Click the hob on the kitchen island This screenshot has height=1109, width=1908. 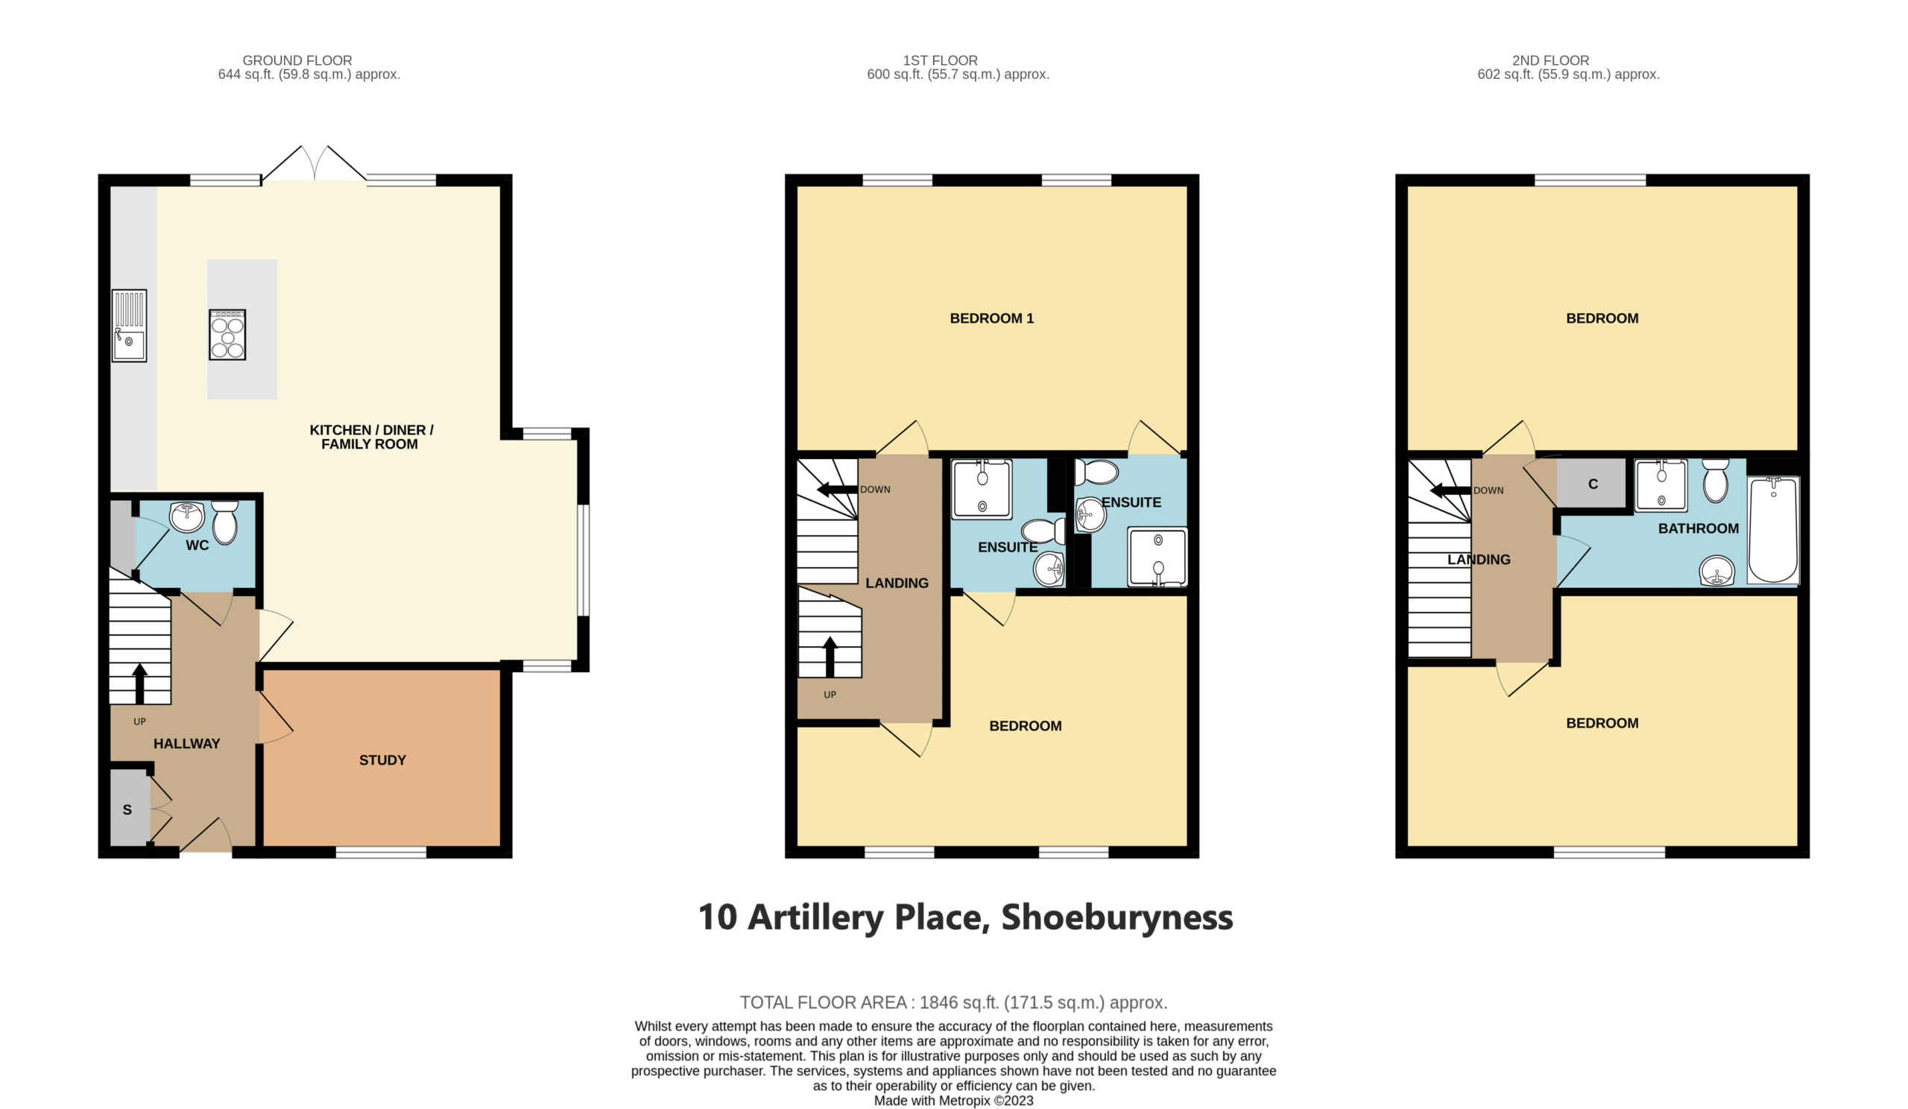tap(227, 335)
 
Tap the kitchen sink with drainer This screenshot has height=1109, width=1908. tap(130, 326)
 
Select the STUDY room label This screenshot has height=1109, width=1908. tap(382, 760)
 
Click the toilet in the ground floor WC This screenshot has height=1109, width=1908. tap(225, 522)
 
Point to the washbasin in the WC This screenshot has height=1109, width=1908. tap(187, 517)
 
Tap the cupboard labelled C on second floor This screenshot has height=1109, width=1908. tap(1591, 483)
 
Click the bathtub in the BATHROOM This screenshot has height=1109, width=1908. tap(1773, 530)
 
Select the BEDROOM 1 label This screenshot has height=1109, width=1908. tap(992, 319)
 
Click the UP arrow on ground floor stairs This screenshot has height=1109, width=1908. tap(139, 683)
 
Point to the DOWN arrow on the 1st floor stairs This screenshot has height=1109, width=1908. tap(837, 489)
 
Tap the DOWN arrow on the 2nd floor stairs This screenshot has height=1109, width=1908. tap(1450, 490)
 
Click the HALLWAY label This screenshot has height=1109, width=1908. tap(187, 743)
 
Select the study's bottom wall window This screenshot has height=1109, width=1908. tap(381, 852)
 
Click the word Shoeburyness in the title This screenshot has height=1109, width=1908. tap(1116, 917)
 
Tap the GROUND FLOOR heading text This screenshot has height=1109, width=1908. tap(297, 60)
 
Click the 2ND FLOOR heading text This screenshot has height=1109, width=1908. tap(1551, 60)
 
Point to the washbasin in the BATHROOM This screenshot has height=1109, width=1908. tap(1716, 570)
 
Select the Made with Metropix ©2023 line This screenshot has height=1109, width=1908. tap(953, 1101)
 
